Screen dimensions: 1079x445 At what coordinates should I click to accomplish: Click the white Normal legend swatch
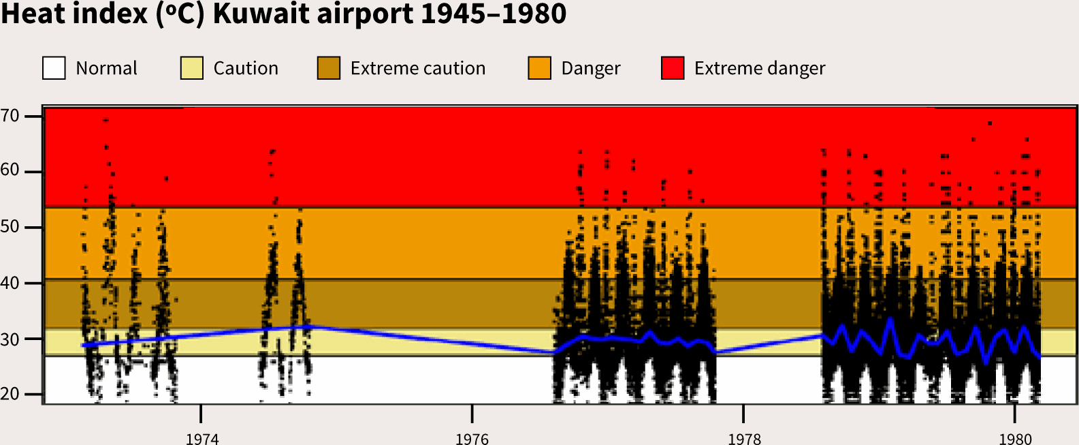coord(54,68)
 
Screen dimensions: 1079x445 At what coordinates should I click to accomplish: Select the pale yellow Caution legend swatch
coord(192,68)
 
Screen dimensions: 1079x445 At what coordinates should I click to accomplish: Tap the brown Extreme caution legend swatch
coord(329,68)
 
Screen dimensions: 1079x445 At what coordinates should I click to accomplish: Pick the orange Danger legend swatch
coord(539,68)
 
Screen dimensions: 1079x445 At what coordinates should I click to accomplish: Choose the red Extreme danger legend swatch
coord(673,68)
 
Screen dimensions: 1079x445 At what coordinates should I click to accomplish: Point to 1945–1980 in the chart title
coord(494,14)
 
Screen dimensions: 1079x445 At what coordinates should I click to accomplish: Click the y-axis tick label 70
coord(10,117)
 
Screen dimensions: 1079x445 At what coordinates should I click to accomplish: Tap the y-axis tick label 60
coord(10,171)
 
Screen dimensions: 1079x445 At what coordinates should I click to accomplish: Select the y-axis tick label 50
coord(10,227)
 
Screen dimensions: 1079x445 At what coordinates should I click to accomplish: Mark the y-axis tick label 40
coord(10,283)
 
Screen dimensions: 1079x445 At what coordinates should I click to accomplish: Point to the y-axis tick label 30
coord(10,339)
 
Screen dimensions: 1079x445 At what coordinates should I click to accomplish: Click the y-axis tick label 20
coord(10,395)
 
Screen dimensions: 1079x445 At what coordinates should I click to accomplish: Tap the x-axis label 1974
coord(202,439)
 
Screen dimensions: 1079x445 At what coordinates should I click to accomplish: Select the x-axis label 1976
coord(472,439)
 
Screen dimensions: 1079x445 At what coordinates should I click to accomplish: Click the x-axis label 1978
coord(744,439)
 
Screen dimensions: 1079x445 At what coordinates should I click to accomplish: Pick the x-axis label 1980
coord(1016,439)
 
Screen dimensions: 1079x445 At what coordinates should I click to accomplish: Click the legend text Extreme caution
coord(418,68)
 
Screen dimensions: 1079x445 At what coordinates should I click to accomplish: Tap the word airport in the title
coord(365,15)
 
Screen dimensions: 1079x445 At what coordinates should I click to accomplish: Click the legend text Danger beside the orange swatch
coord(591,69)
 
